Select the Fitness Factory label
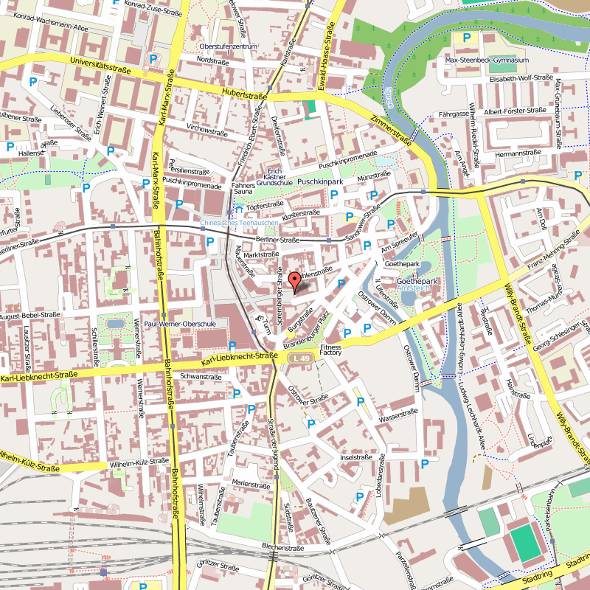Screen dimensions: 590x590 point(331,350)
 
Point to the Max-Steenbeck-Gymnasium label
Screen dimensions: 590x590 point(492,60)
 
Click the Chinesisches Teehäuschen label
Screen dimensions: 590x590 point(240,222)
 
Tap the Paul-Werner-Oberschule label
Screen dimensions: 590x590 point(179,324)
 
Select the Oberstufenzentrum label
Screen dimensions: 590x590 point(228,46)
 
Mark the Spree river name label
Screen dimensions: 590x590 point(389,96)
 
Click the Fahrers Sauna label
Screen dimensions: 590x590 point(243,188)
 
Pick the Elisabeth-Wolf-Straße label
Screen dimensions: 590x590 point(521,77)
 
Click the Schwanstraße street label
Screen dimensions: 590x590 point(201,376)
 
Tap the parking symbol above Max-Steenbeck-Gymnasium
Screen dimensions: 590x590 point(465,38)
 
